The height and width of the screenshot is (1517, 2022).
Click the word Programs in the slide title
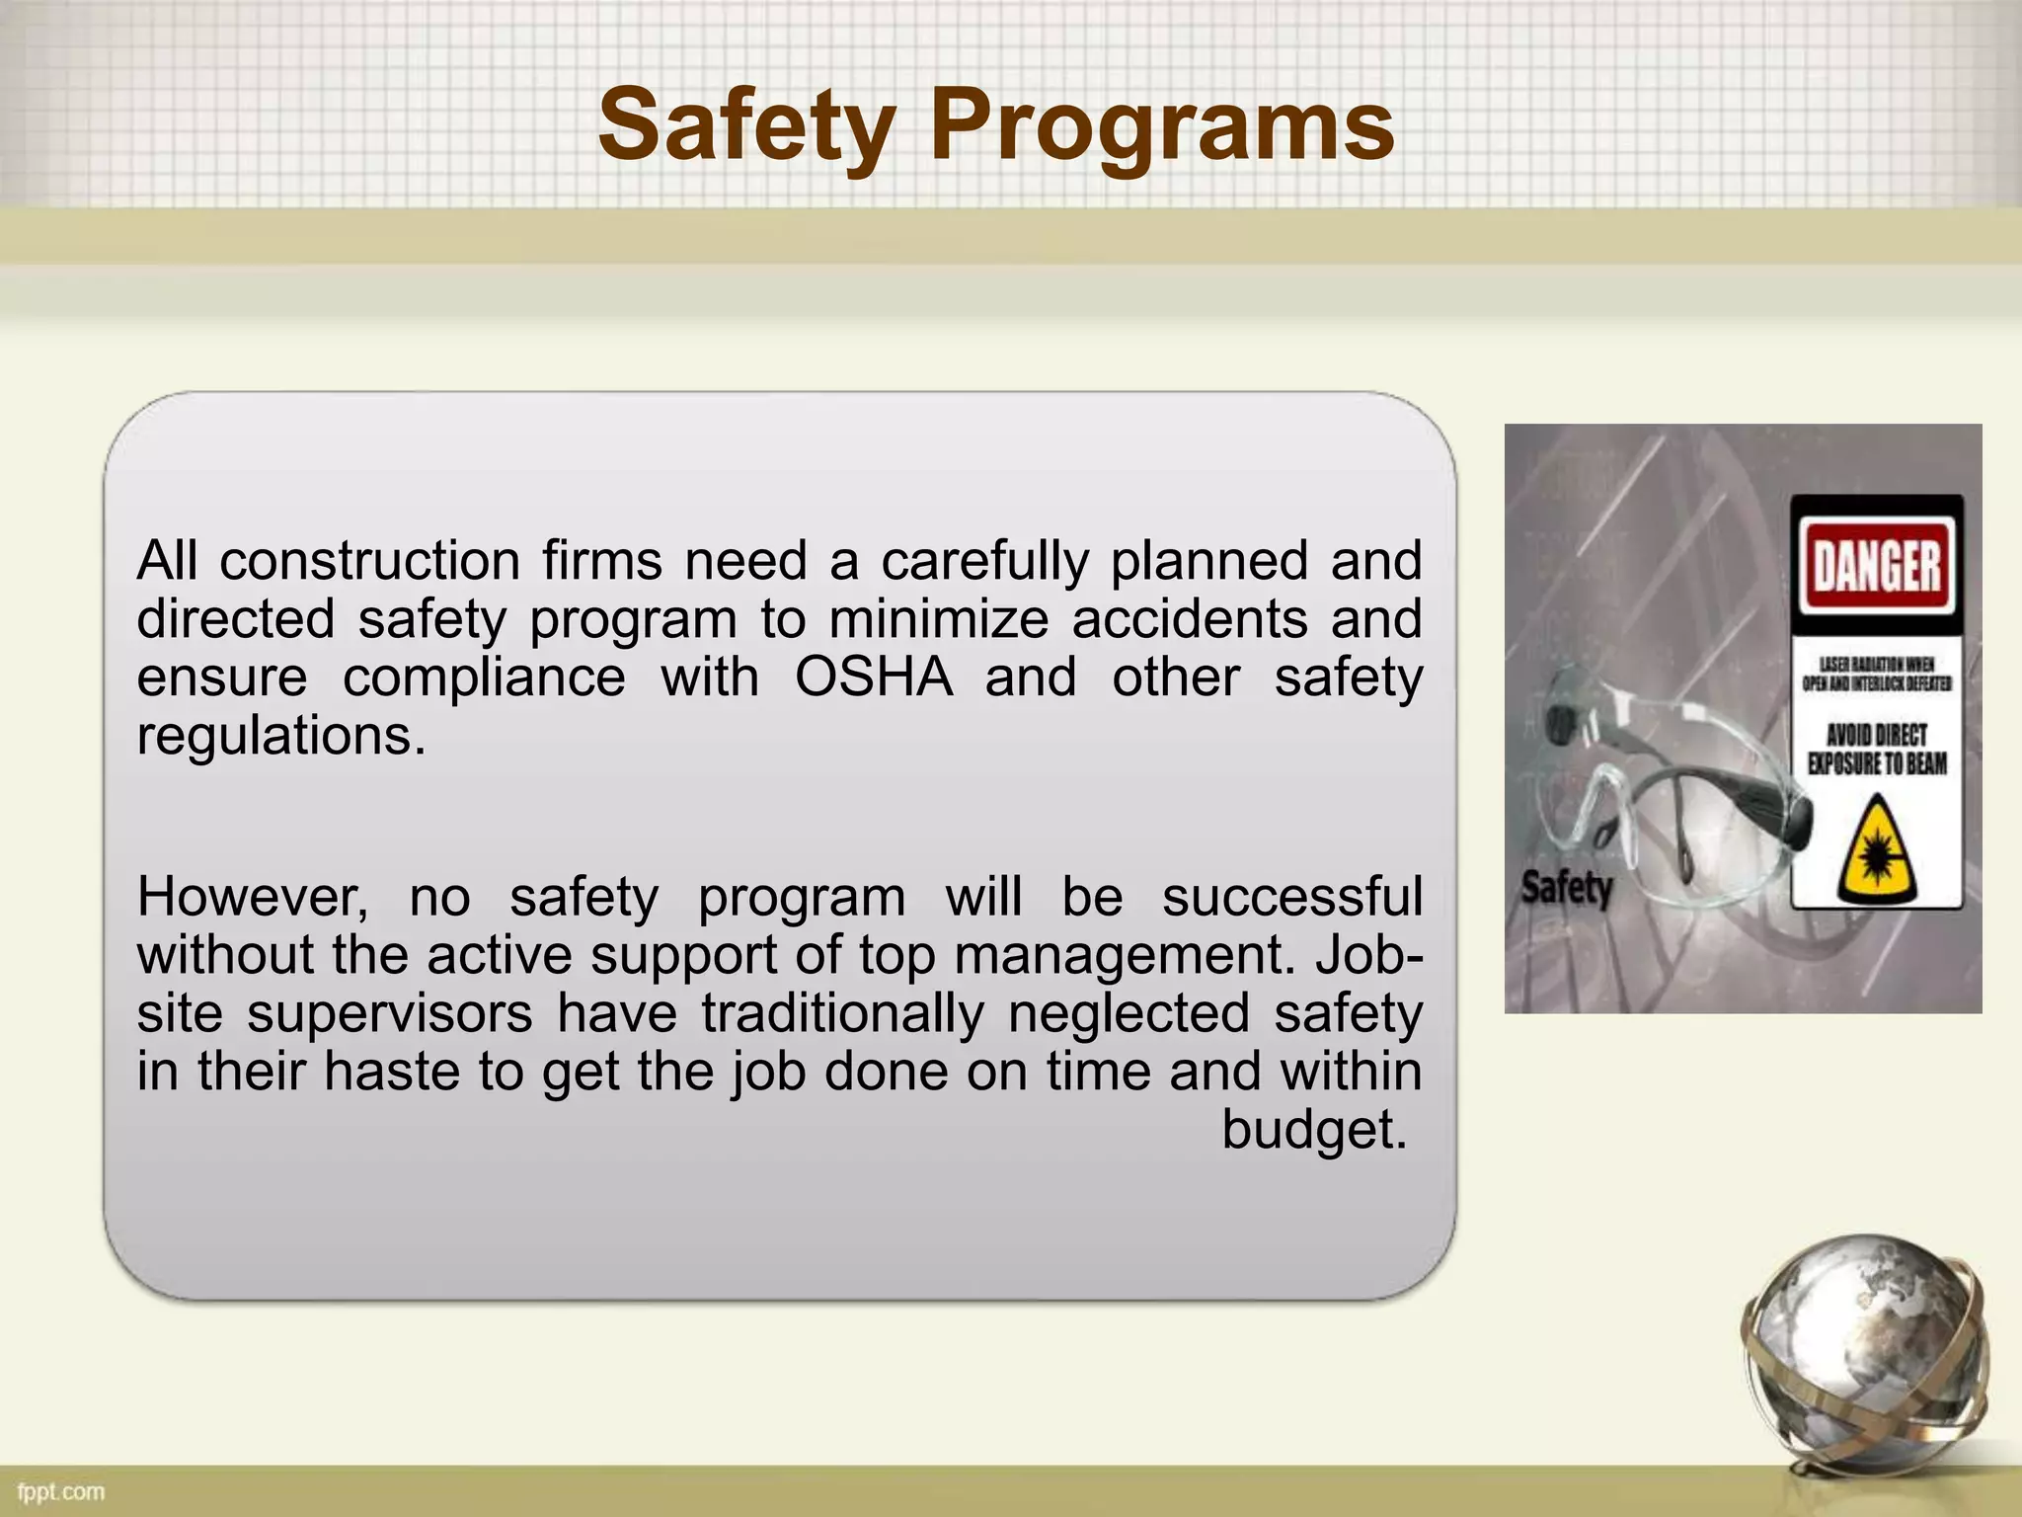click(x=1162, y=126)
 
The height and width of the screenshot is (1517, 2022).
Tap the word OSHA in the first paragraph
click(x=874, y=678)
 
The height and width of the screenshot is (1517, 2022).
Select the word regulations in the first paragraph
click(x=281, y=736)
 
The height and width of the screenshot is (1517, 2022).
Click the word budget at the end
click(x=1313, y=1129)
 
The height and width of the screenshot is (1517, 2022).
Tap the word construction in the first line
click(x=370, y=561)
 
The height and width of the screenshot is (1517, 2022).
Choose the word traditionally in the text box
click(x=843, y=1013)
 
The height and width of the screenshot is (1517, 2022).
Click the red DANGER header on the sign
click(x=1877, y=566)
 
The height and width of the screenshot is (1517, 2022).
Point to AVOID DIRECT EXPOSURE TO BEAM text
click(x=1877, y=750)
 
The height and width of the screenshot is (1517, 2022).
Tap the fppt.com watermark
click(x=61, y=1491)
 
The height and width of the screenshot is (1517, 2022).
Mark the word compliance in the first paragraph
click(x=484, y=678)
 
